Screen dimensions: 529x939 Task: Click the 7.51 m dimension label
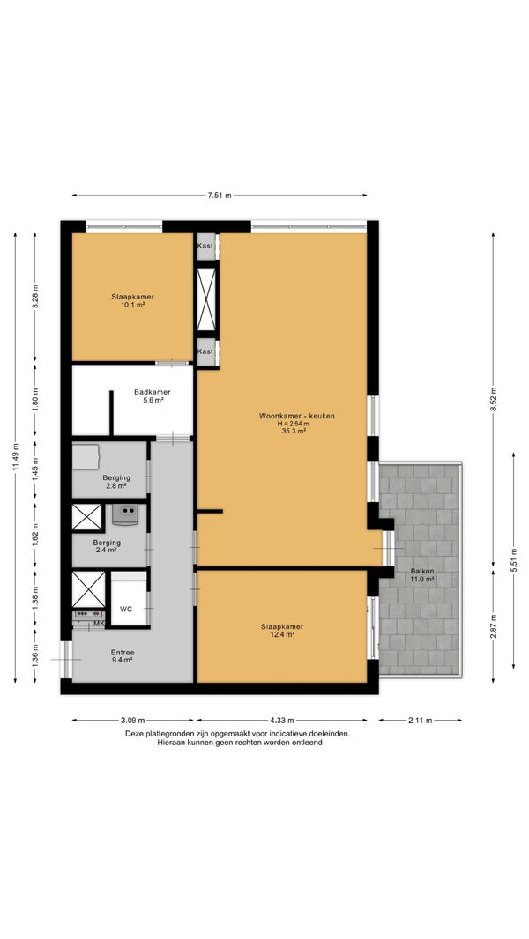tap(220, 196)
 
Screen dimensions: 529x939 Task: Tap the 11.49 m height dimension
tap(15, 457)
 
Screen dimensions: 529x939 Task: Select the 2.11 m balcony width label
tap(421, 721)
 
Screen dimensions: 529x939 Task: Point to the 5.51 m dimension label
tap(513, 560)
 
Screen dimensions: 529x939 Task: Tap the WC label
tap(126, 609)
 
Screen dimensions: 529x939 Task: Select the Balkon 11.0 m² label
tap(422, 575)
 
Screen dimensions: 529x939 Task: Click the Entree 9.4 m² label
tap(123, 655)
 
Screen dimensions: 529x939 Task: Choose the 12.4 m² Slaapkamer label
tap(281, 631)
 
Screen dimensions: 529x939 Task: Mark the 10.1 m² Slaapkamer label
tap(132, 300)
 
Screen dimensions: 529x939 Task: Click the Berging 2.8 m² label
tap(116, 482)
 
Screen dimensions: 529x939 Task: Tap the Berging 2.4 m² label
tap(107, 546)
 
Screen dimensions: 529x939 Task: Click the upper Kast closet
tap(205, 246)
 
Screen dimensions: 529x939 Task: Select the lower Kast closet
tap(205, 351)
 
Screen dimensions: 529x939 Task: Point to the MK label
tap(100, 624)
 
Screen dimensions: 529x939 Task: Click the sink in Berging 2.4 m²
tap(126, 514)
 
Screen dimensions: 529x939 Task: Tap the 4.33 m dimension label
tap(281, 721)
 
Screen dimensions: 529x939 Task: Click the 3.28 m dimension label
tap(35, 299)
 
